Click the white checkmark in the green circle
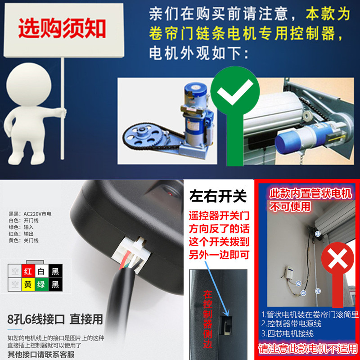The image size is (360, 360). (x=234, y=95)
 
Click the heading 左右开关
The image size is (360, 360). (x=219, y=197)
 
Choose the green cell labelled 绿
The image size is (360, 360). (x=41, y=285)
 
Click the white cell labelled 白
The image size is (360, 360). (x=41, y=271)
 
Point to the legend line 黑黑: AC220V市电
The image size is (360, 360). (x=30, y=214)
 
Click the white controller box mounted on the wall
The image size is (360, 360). (x=288, y=273)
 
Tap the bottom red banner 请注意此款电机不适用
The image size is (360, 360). (x=307, y=349)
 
